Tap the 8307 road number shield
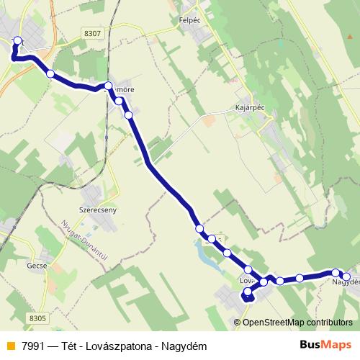[x=92, y=33]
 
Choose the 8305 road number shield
[x=38, y=318]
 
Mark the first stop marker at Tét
[x=18, y=41]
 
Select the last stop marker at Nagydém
[x=346, y=276]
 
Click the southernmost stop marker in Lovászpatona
[x=248, y=292]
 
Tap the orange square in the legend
[x=9, y=345]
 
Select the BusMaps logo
[x=326, y=343]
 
